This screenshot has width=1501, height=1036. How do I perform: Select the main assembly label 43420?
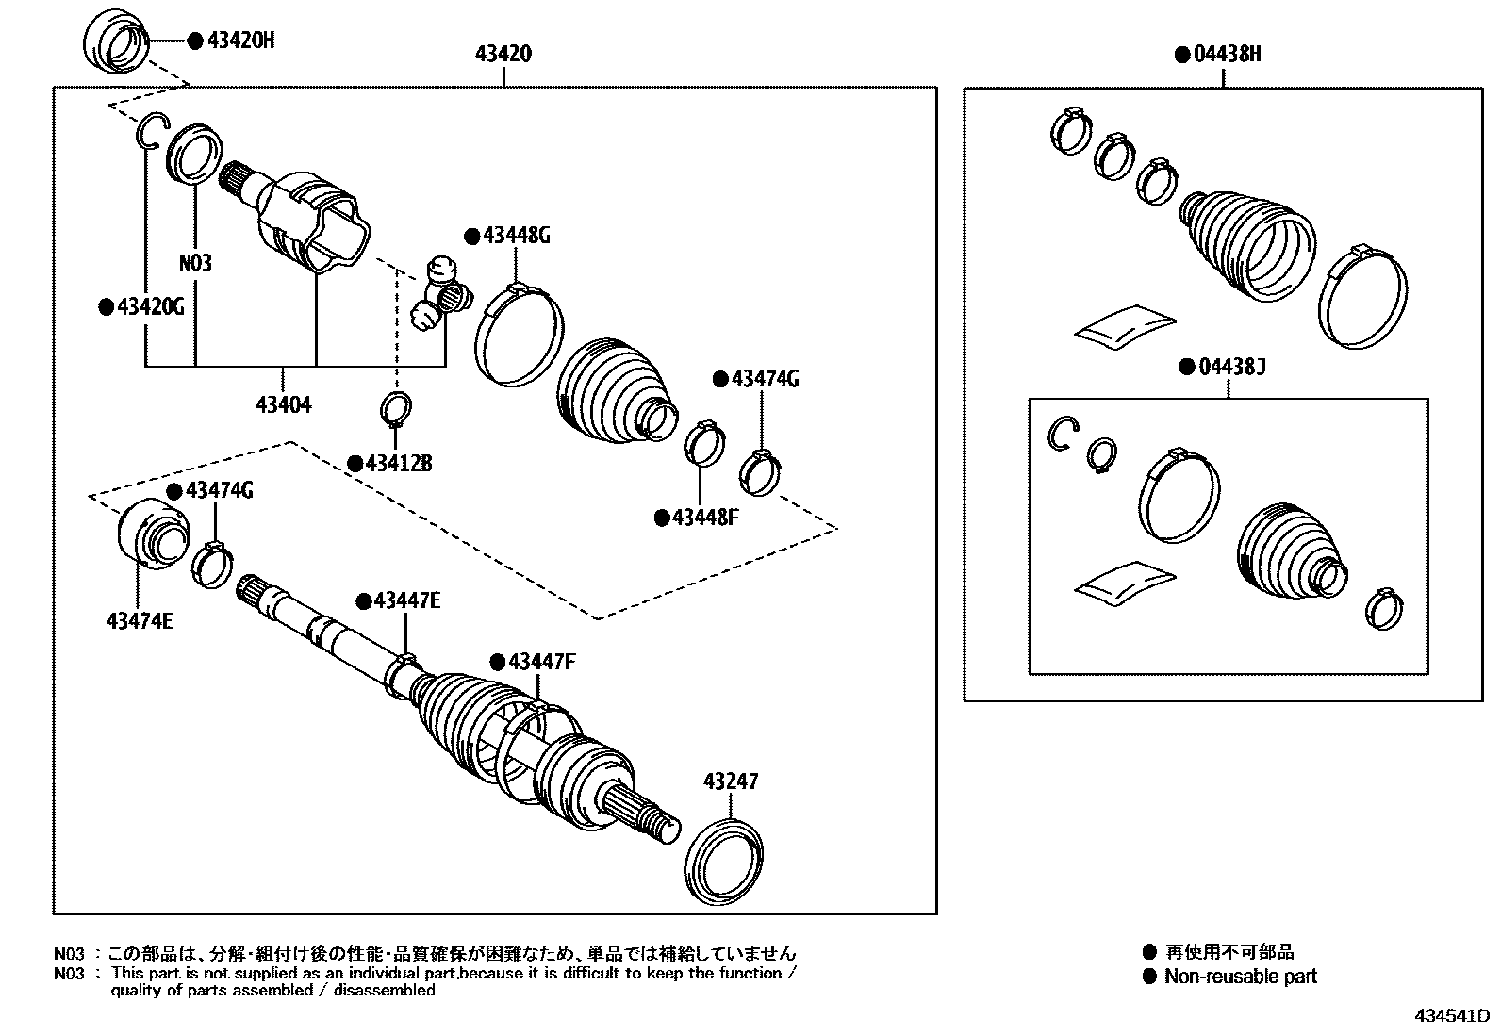pyautogui.click(x=503, y=55)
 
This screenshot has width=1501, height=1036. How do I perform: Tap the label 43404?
pyautogui.click(x=283, y=405)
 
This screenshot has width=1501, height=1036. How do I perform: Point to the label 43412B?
pyautogui.click(x=397, y=463)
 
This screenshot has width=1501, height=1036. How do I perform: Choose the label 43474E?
pyautogui.click(x=140, y=620)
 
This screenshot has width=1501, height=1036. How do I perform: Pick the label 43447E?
pyautogui.click(x=405, y=600)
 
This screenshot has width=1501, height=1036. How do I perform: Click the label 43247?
pyautogui.click(x=730, y=781)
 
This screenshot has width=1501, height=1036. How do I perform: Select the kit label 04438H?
pyautogui.click(x=1225, y=54)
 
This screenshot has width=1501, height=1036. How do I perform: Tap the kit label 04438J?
pyautogui.click(x=1229, y=366)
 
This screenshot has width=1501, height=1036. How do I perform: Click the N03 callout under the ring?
pyautogui.click(x=195, y=263)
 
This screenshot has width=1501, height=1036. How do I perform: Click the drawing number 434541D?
pyautogui.click(x=1450, y=1017)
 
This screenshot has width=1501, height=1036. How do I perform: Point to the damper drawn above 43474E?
pyautogui.click(x=151, y=533)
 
